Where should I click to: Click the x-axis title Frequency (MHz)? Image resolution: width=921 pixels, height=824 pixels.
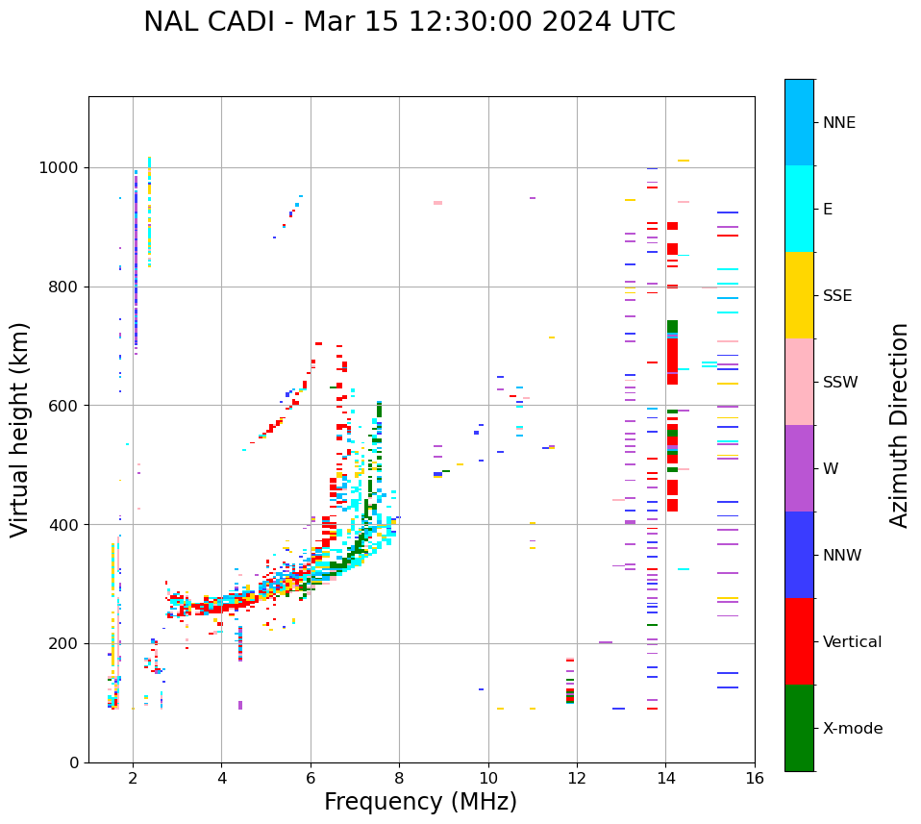tap(420, 802)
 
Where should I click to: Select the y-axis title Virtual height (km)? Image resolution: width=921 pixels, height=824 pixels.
tap(20, 429)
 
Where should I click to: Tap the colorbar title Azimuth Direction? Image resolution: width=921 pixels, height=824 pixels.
tap(899, 424)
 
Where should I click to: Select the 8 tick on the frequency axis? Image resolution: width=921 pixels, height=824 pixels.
tap(399, 778)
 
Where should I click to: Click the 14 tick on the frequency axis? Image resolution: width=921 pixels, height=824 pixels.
tap(665, 778)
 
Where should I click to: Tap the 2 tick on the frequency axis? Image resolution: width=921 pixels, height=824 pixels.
tap(133, 778)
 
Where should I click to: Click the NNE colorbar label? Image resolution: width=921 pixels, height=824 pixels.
tap(838, 123)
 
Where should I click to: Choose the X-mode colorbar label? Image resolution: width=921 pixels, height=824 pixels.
tap(852, 729)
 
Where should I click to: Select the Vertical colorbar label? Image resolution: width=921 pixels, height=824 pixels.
tap(851, 642)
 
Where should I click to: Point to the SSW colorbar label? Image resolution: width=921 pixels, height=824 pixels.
tap(840, 383)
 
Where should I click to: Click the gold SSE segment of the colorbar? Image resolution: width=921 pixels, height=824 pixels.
tap(799, 295)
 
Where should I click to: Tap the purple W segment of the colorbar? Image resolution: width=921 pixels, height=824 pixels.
tap(799, 468)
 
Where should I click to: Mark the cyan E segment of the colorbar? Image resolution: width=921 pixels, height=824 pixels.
tap(799, 209)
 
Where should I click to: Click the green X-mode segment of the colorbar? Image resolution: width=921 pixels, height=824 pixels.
tap(799, 728)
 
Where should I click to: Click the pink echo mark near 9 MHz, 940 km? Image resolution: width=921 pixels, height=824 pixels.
tap(437, 203)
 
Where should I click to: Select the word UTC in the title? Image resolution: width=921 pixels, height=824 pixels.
tap(649, 22)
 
